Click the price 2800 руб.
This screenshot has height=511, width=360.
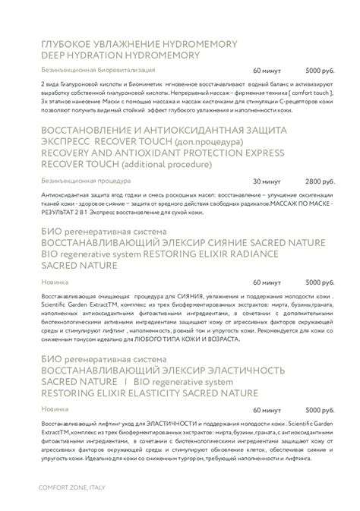pos(319,182)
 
